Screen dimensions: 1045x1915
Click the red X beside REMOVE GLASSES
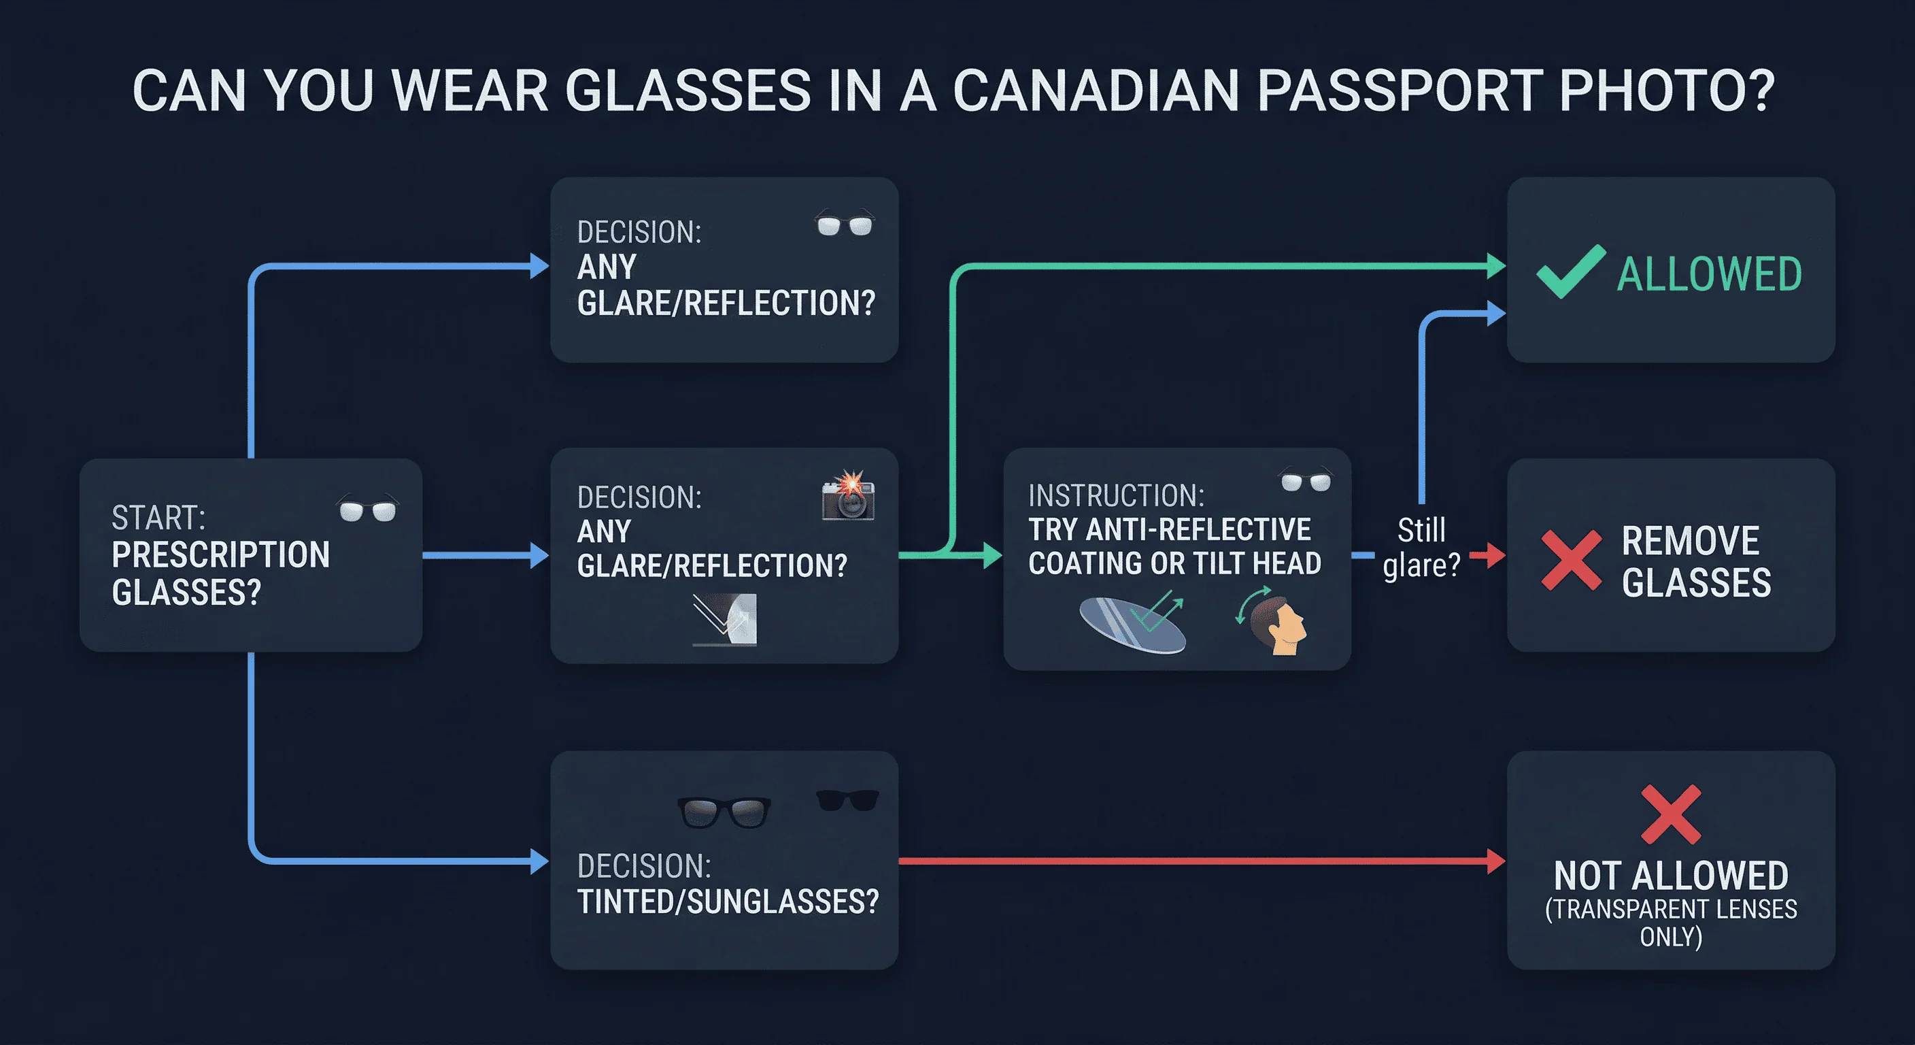point(1571,560)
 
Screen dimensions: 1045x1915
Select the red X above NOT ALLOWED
point(1670,814)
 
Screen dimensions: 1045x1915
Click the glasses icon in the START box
point(368,510)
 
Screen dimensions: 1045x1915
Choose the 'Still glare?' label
point(1421,548)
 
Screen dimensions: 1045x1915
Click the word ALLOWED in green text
point(1709,273)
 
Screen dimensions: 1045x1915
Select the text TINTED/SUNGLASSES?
point(728,902)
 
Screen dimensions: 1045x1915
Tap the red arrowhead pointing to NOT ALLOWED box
point(1495,861)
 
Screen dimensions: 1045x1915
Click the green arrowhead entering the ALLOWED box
point(1495,265)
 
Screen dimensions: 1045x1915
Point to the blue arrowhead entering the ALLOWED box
point(1495,313)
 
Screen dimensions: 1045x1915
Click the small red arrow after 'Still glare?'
point(1486,555)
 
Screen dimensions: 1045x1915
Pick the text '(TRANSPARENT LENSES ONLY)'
point(1670,923)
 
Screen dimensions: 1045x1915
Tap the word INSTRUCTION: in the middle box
point(1116,495)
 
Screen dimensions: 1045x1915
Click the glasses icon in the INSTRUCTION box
point(1306,481)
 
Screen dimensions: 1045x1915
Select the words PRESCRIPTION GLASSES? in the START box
point(221,574)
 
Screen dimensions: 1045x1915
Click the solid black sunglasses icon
point(847,800)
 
